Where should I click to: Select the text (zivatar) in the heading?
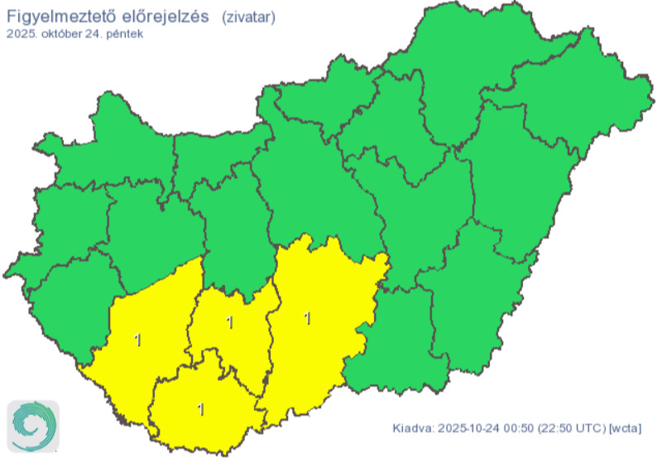[249, 17]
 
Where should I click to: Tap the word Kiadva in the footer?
[412, 427]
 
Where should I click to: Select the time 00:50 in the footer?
[517, 427]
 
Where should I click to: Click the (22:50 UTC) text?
[571, 427]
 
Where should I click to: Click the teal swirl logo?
[33, 427]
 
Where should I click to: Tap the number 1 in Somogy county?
[137, 339]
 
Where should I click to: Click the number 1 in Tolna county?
[229, 322]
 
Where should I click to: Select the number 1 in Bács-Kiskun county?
[307, 317]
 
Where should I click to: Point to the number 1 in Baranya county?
[199, 408]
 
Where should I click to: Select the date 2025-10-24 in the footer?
[469, 427]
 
